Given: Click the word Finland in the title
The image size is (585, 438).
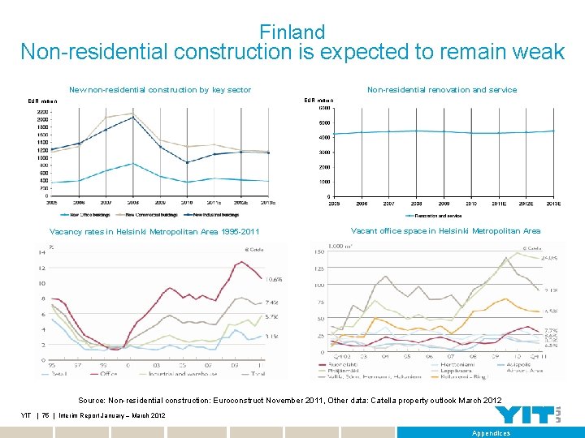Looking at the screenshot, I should coord(292,32).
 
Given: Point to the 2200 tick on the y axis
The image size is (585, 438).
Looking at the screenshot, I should coord(41,111).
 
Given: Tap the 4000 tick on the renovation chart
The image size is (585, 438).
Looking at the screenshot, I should coord(324,137).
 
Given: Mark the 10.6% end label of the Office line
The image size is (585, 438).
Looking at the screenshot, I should coord(274,279).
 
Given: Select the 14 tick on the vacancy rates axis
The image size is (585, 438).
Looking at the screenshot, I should coord(41,252).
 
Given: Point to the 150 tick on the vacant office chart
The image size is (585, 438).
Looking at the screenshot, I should coord(318,252).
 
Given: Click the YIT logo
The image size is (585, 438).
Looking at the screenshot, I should coord(525,414).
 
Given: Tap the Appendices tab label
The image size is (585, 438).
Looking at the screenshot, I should coord(491,433).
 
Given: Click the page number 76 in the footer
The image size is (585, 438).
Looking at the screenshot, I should coord(47,415).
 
